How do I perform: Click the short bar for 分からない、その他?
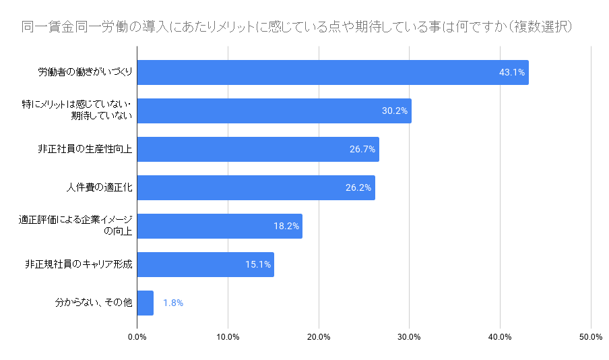(x=145, y=303)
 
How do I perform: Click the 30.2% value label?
(x=395, y=111)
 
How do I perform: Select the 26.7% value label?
(x=362, y=149)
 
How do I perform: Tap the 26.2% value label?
(x=358, y=187)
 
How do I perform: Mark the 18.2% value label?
(x=286, y=226)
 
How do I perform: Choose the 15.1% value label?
(x=257, y=264)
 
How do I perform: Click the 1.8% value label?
(x=172, y=303)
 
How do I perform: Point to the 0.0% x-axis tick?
(x=137, y=337)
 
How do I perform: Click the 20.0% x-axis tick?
(x=319, y=337)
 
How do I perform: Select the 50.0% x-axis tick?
(x=591, y=337)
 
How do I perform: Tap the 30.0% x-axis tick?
(x=410, y=337)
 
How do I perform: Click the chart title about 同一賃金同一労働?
(x=297, y=28)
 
